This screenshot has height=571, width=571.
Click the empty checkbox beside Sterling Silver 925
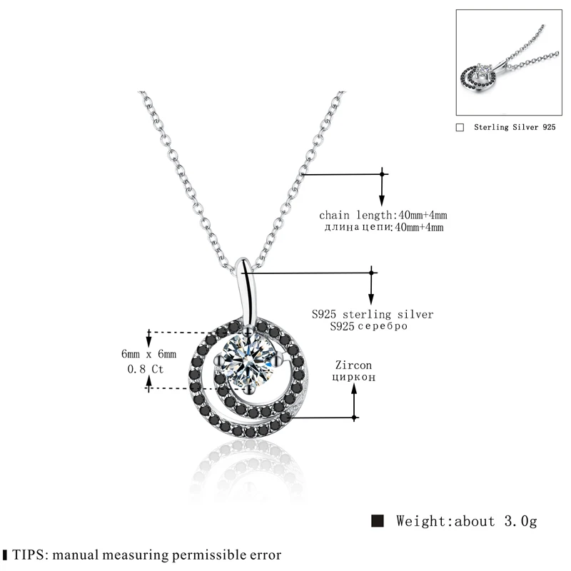[x=460, y=128]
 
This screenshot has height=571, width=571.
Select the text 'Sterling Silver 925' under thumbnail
[x=515, y=128]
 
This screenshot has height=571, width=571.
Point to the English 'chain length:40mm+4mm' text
[x=383, y=215]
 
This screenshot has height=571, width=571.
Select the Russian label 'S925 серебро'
[x=369, y=325]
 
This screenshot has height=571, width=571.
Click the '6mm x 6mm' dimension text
[x=149, y=354]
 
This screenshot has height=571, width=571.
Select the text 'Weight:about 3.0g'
[x=466, y=520]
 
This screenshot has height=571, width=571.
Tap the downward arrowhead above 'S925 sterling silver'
[x=371, y=302]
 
